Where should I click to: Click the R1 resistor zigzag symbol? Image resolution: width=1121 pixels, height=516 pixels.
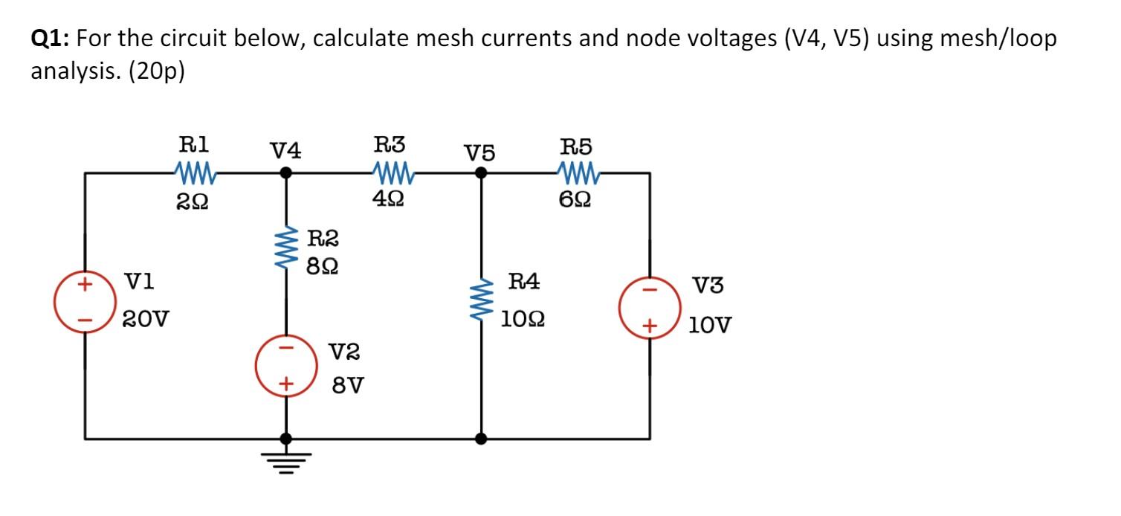click(x=194, y=173)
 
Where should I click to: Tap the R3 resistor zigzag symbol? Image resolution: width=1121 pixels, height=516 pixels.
click(x=392, y=173)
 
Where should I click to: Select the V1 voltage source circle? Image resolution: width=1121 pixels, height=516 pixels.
click(x=83, y=302)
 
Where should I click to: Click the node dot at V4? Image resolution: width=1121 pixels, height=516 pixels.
click(x=285, y=172)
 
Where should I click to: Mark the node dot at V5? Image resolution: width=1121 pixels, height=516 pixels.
click(x=481, y=172)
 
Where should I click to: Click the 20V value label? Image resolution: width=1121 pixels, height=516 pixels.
click(x=146, y=321)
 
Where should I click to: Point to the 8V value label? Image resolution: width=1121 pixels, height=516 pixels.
click(x=347, y=385)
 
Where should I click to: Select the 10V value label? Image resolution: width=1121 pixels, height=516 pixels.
click(x=710, y=325)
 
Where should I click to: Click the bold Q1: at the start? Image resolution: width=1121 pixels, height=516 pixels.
click(x=50, y=39)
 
